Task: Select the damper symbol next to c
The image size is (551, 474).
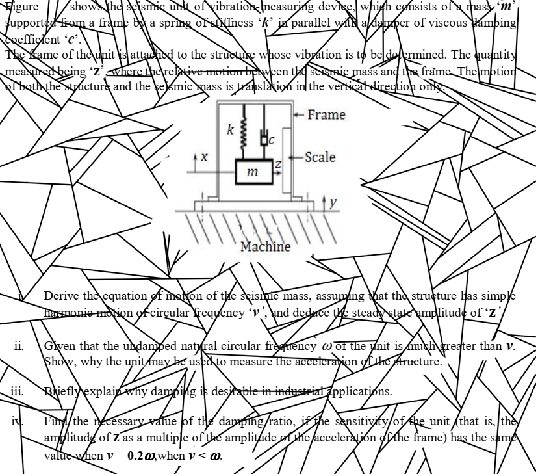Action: pyautogui.click(x=264, y=137)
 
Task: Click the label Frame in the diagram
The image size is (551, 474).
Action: pyautogui.click(x=326, y=115)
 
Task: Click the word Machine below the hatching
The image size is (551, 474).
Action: pyautogui.click(x=265, y=246)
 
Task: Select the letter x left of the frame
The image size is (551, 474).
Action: pyautogui.click(x=205, y=157)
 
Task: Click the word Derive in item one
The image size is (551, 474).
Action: pyautogui.click(x=61, y=296)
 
